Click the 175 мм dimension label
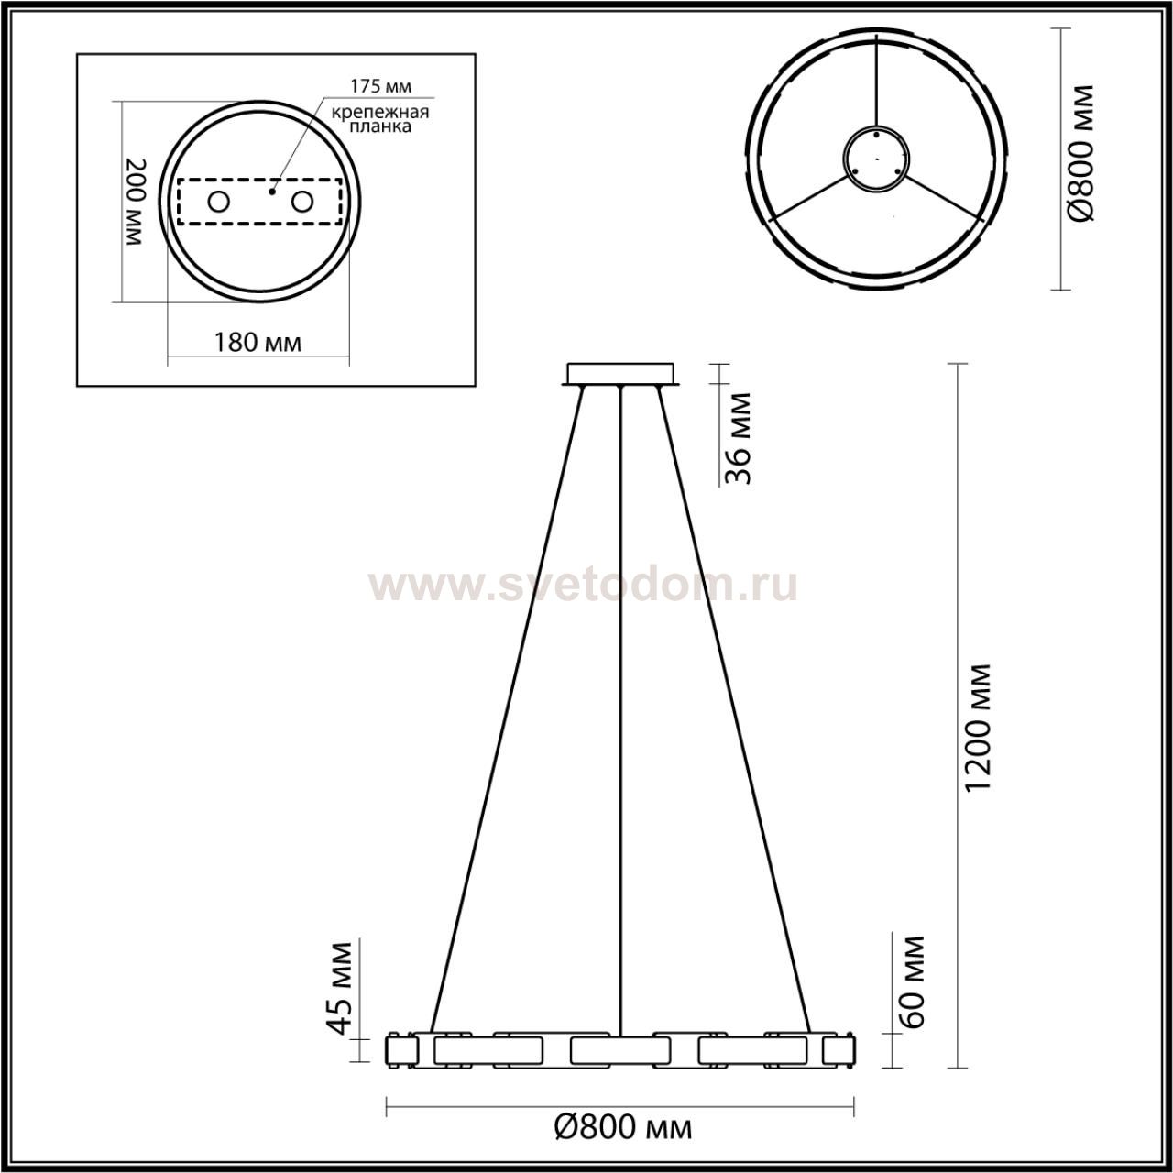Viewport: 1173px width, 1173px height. coord(380,86)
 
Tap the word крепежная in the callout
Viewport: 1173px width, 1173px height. coord(380,113)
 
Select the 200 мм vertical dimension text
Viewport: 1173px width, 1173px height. coord(136,202)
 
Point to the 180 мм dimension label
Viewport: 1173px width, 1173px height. coord(258,344)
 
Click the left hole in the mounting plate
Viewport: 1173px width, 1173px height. coord(218,202)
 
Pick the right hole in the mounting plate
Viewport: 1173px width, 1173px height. coord(301,202)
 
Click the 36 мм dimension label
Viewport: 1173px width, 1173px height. coord(740,439)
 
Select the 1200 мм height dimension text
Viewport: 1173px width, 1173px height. coord(978,728)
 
